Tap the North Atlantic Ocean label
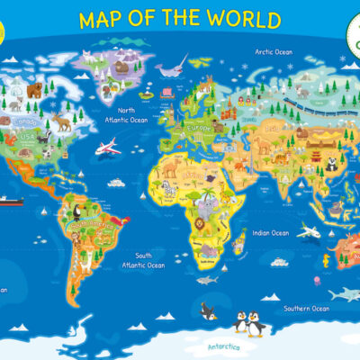(126, 114)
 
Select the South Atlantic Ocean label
(144, 260)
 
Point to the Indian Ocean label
(270, 233)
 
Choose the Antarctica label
(226, 346)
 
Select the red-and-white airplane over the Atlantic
(108, 146)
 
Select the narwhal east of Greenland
(173, 66)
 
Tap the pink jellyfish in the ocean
(317, 281)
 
